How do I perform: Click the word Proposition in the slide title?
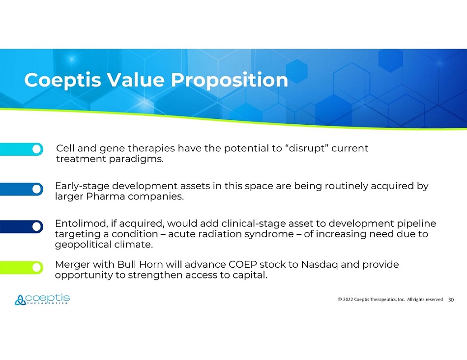(x=230, y=81)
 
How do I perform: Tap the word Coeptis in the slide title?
(x=63, y=81)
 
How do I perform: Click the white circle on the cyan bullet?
(x=37, y=149)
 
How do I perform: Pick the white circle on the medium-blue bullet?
(x=37, y=189)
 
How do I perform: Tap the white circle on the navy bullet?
(x=37, y=227)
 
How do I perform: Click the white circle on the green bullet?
(x=37, y=268)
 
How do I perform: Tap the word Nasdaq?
(x=319, y=265)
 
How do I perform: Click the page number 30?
(x=451, y=300)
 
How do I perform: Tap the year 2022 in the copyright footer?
(x=348, y=299)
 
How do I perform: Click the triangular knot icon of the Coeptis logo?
(x=20, y=300)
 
